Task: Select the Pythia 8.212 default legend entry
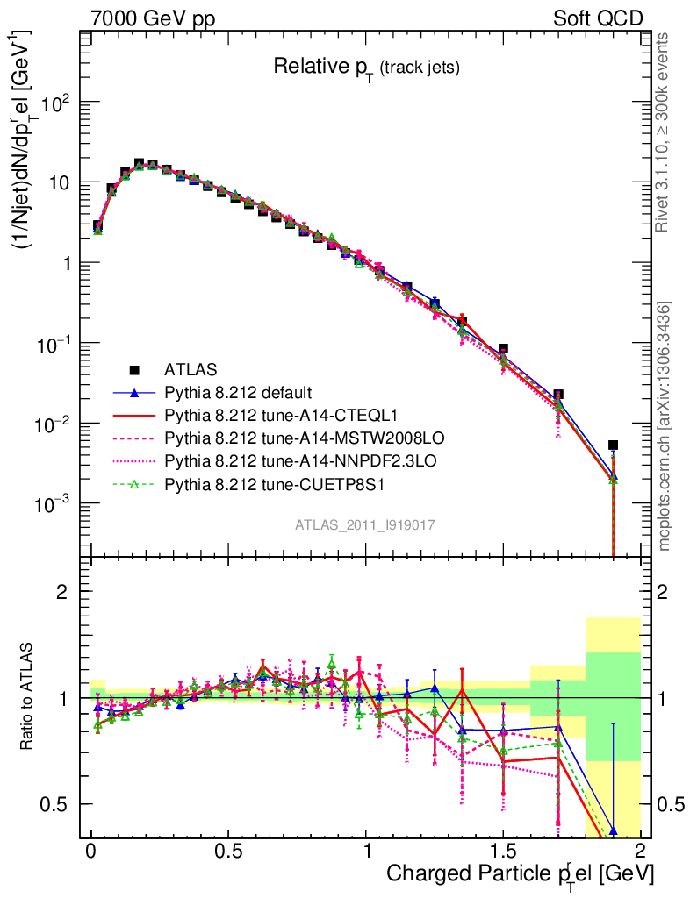click(240, 392)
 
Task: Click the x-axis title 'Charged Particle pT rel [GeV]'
click(520, 873)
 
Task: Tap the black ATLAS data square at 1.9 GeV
click(613, 445)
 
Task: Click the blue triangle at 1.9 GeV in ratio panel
click(613, 830)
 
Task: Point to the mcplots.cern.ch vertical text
click(665, 426)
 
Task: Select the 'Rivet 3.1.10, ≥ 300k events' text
click(665, 132)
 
